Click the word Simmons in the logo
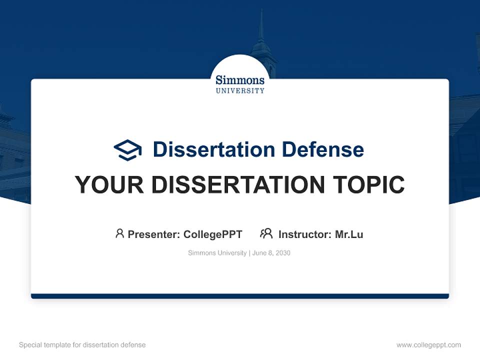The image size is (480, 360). [x=240, y=79]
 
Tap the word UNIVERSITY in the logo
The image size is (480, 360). [x=240, y=91]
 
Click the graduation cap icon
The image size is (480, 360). [x=127, y=149]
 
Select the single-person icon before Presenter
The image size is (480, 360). [x=119, y=233]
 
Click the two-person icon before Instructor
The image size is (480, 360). [x=266, y=233]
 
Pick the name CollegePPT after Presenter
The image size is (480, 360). [x=212, y=234]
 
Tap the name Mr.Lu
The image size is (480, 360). [x=349, y=234]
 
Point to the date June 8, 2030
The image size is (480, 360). [x=271, y=253]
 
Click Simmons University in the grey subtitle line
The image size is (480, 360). [x=217, y=253]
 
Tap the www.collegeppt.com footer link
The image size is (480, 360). [x=428, y=345]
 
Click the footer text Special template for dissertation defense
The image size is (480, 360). [x=82, y=345]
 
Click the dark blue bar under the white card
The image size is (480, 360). [x=240, y=296]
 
